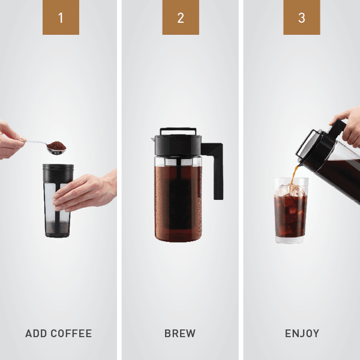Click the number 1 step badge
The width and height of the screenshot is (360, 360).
[61, 17]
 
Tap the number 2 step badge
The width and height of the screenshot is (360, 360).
[181, 17]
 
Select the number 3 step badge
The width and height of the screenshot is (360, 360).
[302, 17]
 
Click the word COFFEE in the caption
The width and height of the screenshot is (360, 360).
[71, 334]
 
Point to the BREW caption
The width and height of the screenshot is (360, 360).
[180, 334]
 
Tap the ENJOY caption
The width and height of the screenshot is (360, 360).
[302, 334]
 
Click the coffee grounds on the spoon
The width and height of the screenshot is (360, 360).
[56, 146]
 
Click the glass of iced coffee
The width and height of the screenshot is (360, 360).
[291, 213]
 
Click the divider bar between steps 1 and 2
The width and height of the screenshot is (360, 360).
[119, 180]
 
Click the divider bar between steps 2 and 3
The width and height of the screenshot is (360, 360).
[241, 180]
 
